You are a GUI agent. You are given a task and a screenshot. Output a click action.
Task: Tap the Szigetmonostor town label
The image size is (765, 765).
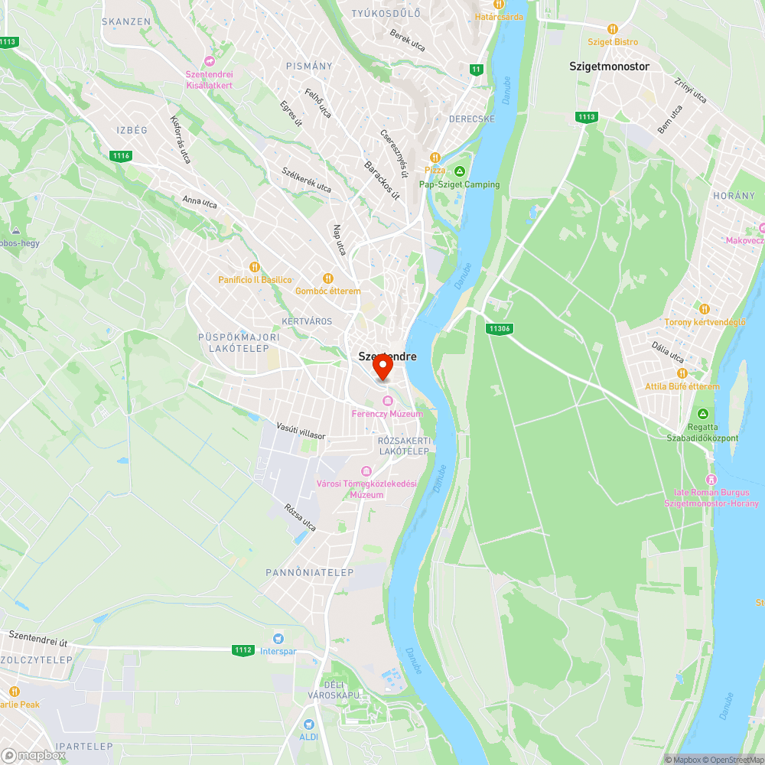pyautogui.click(x=609, y=67)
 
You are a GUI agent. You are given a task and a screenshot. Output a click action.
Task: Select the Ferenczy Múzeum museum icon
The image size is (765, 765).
pyautogui.click(x=387, y=402)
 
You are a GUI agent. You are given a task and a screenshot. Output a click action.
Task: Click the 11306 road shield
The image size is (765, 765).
pyautogui.click(x=498, y=328)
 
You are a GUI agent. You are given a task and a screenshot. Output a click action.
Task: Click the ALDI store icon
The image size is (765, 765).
pyautogui.click(x=309, y=724)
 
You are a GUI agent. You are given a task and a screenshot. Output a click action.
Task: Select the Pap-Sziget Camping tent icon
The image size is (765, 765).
pyautogui.click(x=459, y=171)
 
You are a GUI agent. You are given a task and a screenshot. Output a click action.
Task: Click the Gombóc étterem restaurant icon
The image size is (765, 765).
pyautogui.click(x=328, y=278)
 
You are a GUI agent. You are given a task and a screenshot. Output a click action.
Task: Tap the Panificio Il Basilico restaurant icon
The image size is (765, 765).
pyautogui.click(x=256, y=268)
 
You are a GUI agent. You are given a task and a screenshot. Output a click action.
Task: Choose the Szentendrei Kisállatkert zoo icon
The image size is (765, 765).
pyautogui.click(x=209, y=62)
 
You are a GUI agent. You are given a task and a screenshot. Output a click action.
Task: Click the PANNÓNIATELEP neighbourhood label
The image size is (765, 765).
pyautogui.click(x=310, y=572)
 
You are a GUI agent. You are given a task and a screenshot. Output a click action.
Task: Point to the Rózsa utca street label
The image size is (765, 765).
pyautogui.click(x=300, y=518)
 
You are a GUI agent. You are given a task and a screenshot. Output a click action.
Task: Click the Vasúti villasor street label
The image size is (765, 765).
pyautogui.click(x=301, y=431)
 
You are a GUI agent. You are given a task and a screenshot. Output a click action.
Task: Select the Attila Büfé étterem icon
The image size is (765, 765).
pyautogui.click(x=682, y=373)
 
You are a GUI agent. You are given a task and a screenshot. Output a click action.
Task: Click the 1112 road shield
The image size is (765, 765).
pyautogui.click(x=243, y=649)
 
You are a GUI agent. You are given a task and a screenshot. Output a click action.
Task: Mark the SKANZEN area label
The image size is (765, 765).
pyautogui.click(x=126, y=21)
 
